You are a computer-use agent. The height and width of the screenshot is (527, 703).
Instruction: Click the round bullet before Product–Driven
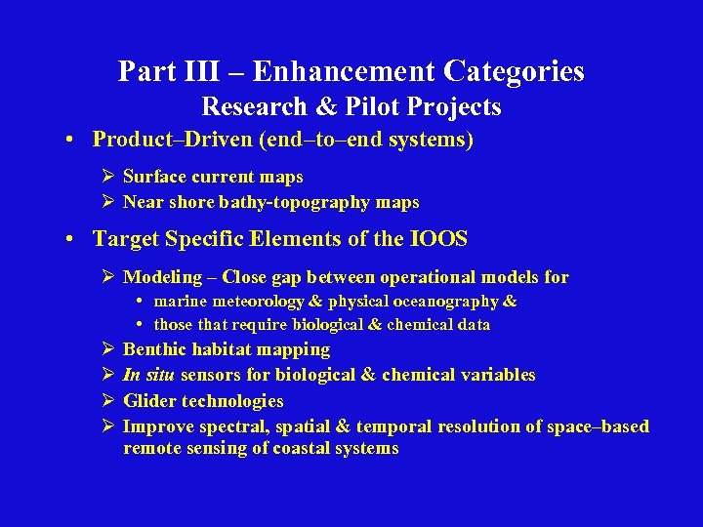coord(73,140)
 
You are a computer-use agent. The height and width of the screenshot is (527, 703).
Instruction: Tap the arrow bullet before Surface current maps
coord(108,177)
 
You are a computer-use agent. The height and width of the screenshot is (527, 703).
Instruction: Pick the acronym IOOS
coord(442,239)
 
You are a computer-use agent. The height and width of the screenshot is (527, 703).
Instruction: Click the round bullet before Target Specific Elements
coord(73,239)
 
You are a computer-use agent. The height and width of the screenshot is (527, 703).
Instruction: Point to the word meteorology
coord(259,302)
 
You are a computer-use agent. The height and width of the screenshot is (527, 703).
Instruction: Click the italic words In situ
coord(144,375)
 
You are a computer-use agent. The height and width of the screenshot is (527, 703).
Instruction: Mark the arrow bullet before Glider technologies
coord(108,401)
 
